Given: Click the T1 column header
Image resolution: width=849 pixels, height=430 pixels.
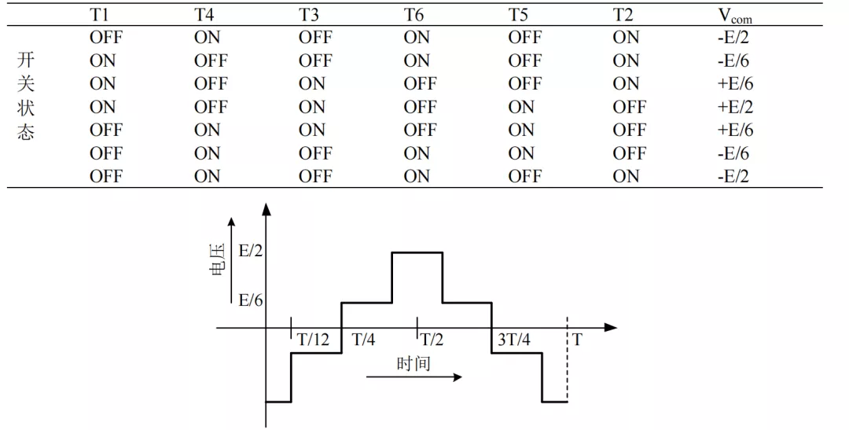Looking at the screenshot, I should click(x=100, y=15).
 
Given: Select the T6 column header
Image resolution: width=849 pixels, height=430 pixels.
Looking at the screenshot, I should click(x=414, y=15).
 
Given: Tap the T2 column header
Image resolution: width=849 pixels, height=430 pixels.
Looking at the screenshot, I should click(x=623, y=15).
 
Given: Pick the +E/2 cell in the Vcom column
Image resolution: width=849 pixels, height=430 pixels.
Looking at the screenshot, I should click(x=735, y=107).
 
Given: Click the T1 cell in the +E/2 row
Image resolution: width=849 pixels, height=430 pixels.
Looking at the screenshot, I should click(x=102, y=107).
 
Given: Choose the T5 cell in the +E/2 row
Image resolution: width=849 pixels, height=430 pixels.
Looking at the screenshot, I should click(x=521, y=107).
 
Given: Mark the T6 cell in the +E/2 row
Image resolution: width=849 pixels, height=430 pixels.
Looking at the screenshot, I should click(x=420, y=107).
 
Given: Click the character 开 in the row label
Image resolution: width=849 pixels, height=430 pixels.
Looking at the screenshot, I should click(x=26, y=61).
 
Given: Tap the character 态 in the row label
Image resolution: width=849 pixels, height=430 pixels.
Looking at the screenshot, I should click(x=26, y=130).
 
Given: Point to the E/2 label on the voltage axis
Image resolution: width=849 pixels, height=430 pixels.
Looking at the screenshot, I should click(x=250, y=252).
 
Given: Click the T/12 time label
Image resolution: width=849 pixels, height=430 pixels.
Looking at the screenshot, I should click(x=314, y=340).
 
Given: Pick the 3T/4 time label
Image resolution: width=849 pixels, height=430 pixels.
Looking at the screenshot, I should click(x=514, y=340).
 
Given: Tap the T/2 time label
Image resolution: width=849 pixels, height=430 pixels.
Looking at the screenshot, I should click(x=432, y=340).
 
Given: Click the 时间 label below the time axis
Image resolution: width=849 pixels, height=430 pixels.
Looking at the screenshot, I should click(x=413, y=363).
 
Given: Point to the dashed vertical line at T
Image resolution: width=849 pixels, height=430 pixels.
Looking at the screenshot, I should click(x=568, y=362).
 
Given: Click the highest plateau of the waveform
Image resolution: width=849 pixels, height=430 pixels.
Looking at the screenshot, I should click(x=417, y=252).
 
